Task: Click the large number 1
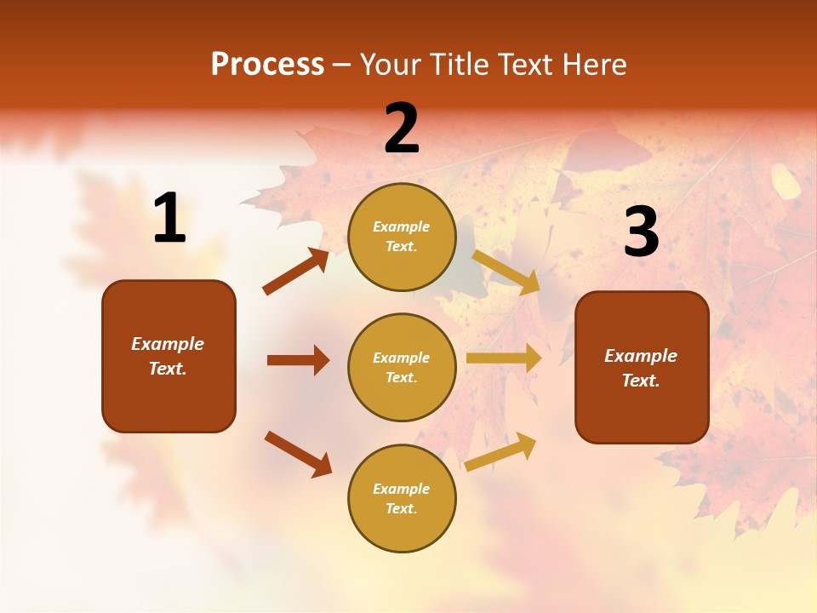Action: pyautogui.click(x=169, y=219)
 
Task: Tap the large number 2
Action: pyautogui.click(x=402, y=129)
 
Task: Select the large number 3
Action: pyautogui.click(x=641, y=232)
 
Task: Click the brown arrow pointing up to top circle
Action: pyautogui.click(x=296, y=272)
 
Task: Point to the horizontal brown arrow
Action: pyautogui.click(x=298, y=360)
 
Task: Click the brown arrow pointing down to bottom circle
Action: pyautogui.click(x=298, y=454)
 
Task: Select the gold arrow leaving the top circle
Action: pyautogui.click(x=506, y=272)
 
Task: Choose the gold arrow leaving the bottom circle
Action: pyautogui.click(x=501, y=451)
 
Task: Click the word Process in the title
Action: pyautogui.click(x=267, y=64)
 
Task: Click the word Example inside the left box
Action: pyautogui.click(x=168, y=344)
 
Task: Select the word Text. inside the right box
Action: pyautogui.click(x=641, y=381)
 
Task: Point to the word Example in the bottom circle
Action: pyautogui.click(x=402, y=489)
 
